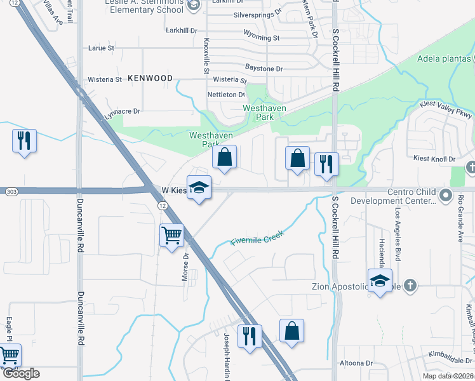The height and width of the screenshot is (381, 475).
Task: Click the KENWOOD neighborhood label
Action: point(150,78)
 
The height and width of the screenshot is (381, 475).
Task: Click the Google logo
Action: point(21,373)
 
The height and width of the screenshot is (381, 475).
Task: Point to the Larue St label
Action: point(102,48)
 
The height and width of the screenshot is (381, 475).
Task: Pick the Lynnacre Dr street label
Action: point(123,110)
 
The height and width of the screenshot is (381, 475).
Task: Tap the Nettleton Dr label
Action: point(227,95)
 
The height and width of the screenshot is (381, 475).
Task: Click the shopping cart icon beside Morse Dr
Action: point(172,236)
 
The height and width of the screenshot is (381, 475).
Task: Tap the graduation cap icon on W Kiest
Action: point(199,187)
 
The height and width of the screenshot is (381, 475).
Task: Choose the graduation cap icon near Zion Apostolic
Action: point(380,280)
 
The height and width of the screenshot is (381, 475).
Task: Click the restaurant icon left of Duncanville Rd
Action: point(24,141)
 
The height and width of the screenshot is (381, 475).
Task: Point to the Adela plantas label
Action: point(444,60)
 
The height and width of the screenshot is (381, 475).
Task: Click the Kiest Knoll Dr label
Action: point(435,159)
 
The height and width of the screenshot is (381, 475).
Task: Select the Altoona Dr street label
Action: point(356,363)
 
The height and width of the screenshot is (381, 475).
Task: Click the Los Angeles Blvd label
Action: point(398,225)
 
